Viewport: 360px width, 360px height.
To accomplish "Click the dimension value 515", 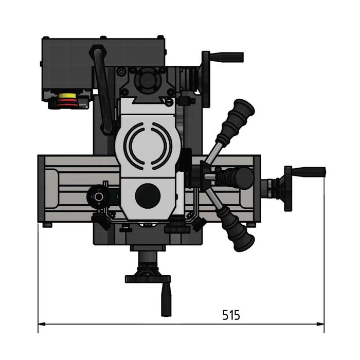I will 231,315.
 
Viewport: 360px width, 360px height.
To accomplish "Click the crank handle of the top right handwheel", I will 226,57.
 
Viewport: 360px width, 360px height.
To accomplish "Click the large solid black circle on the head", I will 148,196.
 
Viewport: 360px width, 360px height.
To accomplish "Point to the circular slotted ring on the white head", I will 148,146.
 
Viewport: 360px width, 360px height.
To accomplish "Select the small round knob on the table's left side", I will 96,195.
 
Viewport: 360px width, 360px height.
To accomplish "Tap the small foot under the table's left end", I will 47,225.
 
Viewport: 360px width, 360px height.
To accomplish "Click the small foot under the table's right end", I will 250,225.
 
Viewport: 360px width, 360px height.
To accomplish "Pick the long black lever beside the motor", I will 102,87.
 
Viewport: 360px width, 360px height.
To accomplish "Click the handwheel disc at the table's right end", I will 287,188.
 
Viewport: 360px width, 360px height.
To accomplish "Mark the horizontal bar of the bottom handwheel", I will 148,279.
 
